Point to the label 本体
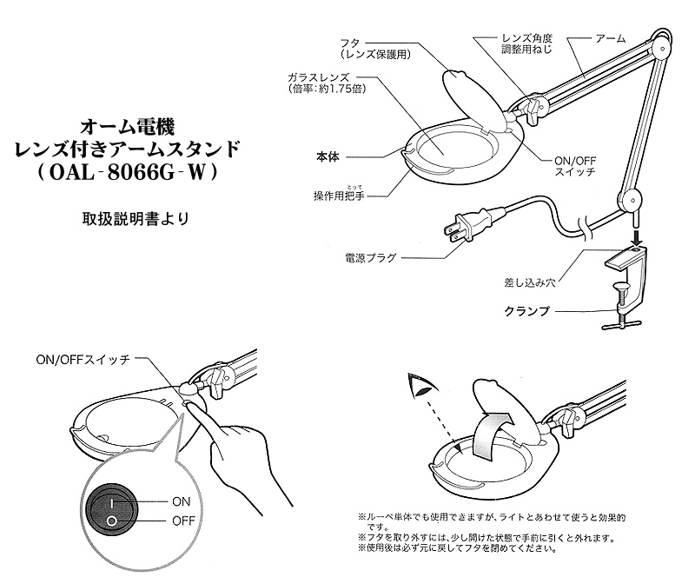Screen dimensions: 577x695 tap(327, 158)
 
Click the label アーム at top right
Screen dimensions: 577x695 tap(611, 40)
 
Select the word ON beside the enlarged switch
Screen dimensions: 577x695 tap(182, 501)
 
